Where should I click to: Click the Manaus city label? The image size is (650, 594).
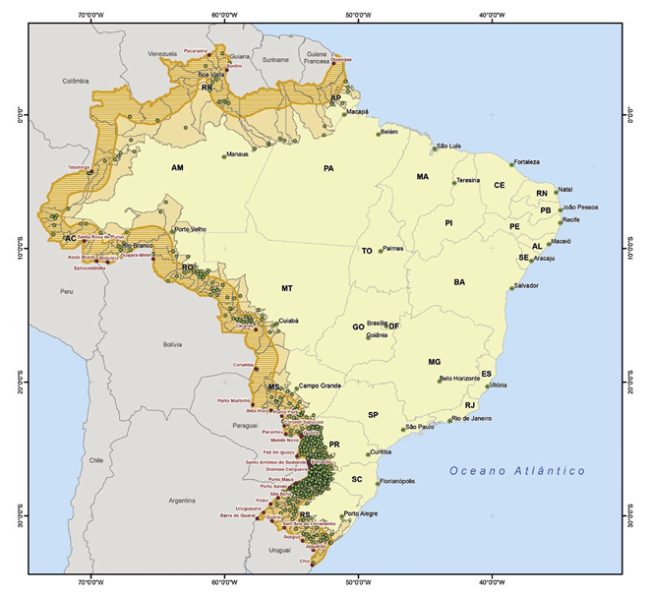(x=238, y=154)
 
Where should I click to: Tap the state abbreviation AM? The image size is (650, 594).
(x=177, y=168)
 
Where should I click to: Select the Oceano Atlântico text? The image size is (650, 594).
(x=517, y=471)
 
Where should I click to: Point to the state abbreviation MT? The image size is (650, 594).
(x=287, y=289)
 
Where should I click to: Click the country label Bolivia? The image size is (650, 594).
(x=173, y=344)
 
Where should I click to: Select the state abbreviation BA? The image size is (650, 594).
(x=459, y=282)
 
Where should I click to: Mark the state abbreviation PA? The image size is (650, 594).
(x=329, y=168)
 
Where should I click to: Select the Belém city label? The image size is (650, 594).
(x=388, y=131)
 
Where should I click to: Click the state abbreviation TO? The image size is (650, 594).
(x=367, y=251)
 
